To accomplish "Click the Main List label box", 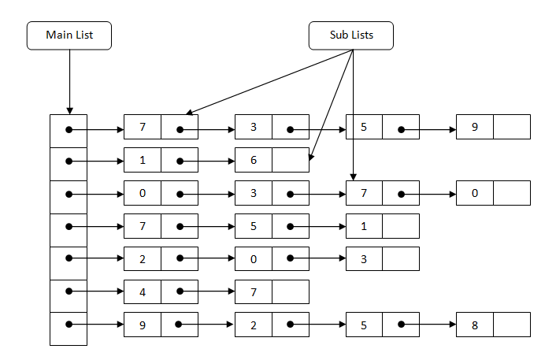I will (69, 35).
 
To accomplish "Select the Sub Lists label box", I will (351, 35).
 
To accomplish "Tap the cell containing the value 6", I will (254, 160).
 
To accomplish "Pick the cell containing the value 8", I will (475, 325).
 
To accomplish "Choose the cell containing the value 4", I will (143, 291).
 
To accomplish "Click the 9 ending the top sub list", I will (475, 127).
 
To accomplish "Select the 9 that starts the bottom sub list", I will (143, 325).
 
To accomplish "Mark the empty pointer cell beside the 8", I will (512, 325).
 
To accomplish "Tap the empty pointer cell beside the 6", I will (291, 160).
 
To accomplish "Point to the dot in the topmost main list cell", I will (69, 127).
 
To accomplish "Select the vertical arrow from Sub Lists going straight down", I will (353, 118).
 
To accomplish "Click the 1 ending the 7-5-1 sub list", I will (364, 226).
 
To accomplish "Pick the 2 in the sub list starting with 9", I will (254, 325).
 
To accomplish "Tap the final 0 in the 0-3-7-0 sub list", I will (475, 193).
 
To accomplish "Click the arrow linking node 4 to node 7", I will (208, 291).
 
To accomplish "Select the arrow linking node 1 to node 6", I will (208, 160).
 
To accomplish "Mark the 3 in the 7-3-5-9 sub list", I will (254, 127).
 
